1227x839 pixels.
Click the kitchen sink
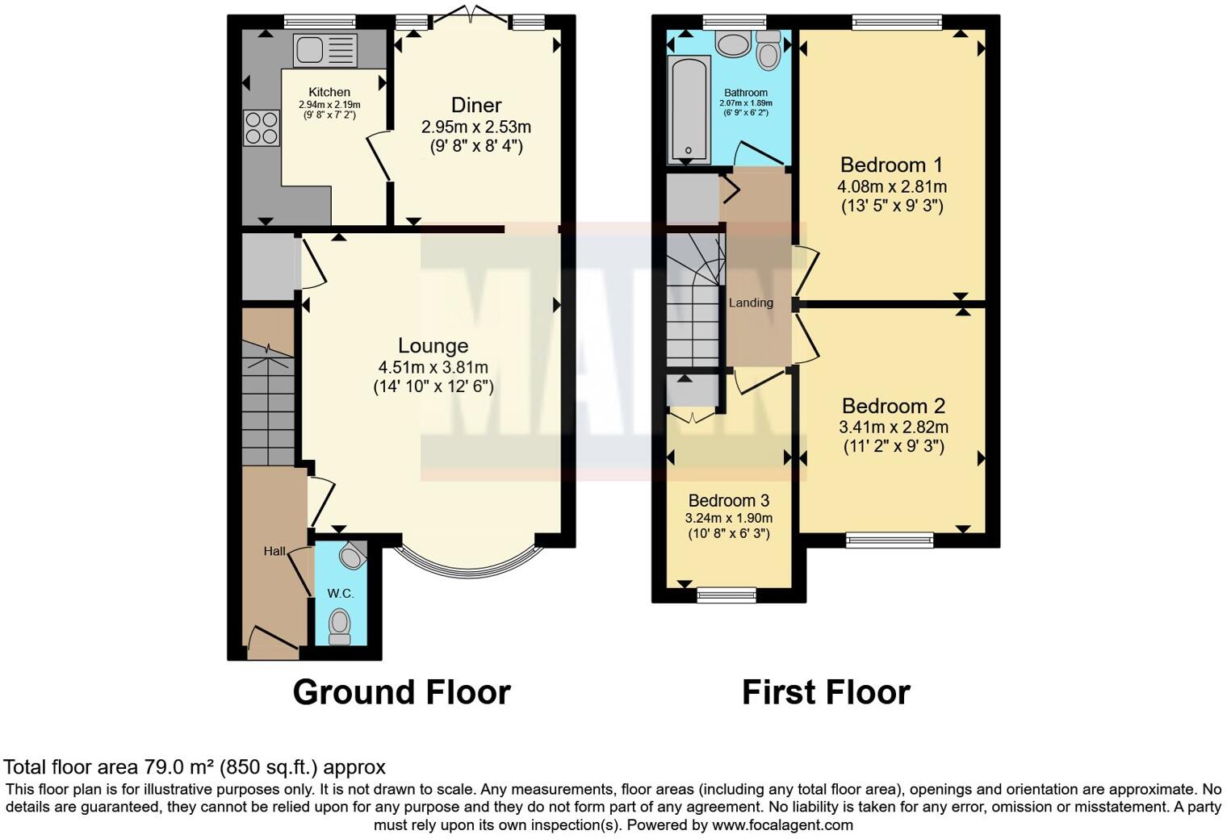pyautogui.click(x=325, y=50)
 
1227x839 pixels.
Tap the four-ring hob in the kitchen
pyautogui.click(x=262, y=128)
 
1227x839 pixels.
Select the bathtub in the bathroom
pyautogui.click(x=689, y=110)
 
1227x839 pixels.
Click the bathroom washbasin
pyautogui.click(x=733, y=44)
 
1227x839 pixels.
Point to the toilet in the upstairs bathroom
pyautogui.click(x=768, y=52)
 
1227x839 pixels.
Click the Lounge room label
pyautogui.click(x=433, y=346)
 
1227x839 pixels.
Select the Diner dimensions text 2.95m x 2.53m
pyautogui.click(x=476, y=127)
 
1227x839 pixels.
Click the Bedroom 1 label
pyautogui.click(x=891, y=165)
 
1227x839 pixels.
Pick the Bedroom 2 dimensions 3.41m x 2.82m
pyautogui.click(x=894, y=428)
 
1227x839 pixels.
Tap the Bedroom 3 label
pyautogui.click(x=728, y=500)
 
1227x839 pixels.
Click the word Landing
pyautogui.click(x=751, y=303)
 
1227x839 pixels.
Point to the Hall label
pyautogui.click(x=274, y=552)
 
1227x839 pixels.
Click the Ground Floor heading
pyautogui.click(x=401, y=692)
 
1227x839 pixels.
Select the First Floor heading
pyautogui.click(x=825, y=692)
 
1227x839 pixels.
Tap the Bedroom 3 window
pyautogui.click(x=727, y=595)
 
